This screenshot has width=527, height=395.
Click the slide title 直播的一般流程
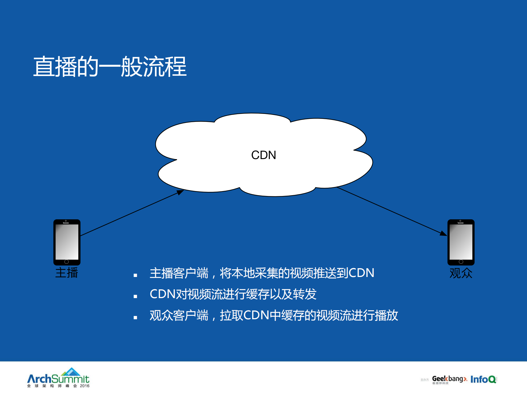[110, 67]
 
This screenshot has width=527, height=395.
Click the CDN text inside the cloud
[264, 155]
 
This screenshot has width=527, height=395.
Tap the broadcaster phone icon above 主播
[67, 242]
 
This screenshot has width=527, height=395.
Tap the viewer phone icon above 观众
[461, 242]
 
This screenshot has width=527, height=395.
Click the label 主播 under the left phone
[66, 273]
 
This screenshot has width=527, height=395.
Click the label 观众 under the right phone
[461, 273]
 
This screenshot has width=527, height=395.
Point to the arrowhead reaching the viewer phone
[443, 234]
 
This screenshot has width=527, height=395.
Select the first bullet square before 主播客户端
[135, 275]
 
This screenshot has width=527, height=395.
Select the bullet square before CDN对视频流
[135, 296]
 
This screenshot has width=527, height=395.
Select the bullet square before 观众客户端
[135, 318]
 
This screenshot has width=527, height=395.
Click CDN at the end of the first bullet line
[361, 273]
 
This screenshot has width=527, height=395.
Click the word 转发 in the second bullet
[305, 294]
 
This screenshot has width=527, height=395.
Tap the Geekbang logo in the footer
[449, 379]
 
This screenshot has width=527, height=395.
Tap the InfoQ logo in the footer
[483, 379]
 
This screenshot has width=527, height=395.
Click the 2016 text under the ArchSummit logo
[85, 386]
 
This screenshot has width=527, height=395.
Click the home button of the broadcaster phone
[66, 262]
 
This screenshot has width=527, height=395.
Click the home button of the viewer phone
[461, 262]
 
